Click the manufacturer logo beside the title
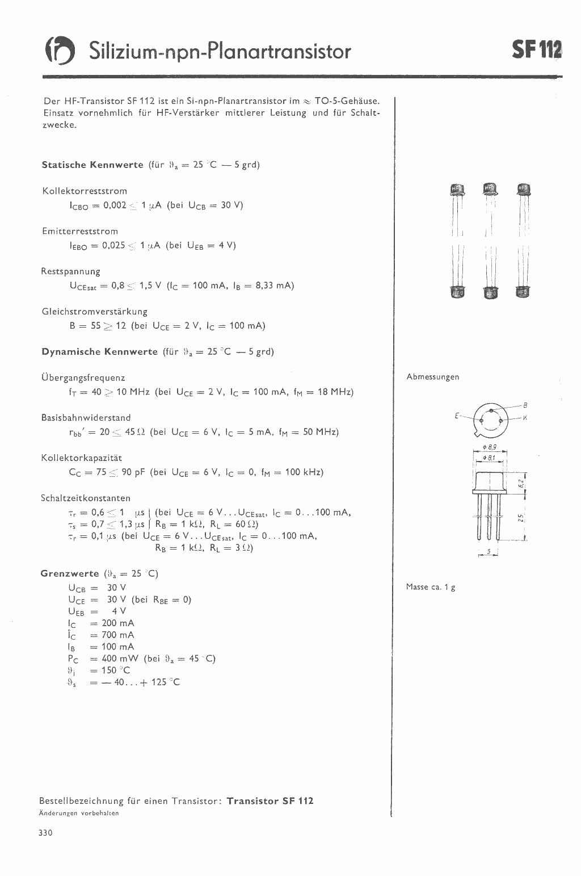click(60, 52)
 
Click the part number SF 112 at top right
click(536, 51)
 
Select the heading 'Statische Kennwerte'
click(92, 165)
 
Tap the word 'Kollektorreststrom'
click(85, 191)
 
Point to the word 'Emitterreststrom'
click(80, 231)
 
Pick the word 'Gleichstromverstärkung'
click(94, 312)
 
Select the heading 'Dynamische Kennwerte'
click(99, 352)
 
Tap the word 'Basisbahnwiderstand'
click(86, 418)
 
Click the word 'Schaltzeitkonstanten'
click(86, 498)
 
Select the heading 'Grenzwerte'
click(69, 573)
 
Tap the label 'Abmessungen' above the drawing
click(433, 377)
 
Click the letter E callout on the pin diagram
click(456, 416)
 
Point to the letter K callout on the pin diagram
click(525, 418)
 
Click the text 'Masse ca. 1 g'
click(431, 587)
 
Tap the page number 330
click(45, 833)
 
